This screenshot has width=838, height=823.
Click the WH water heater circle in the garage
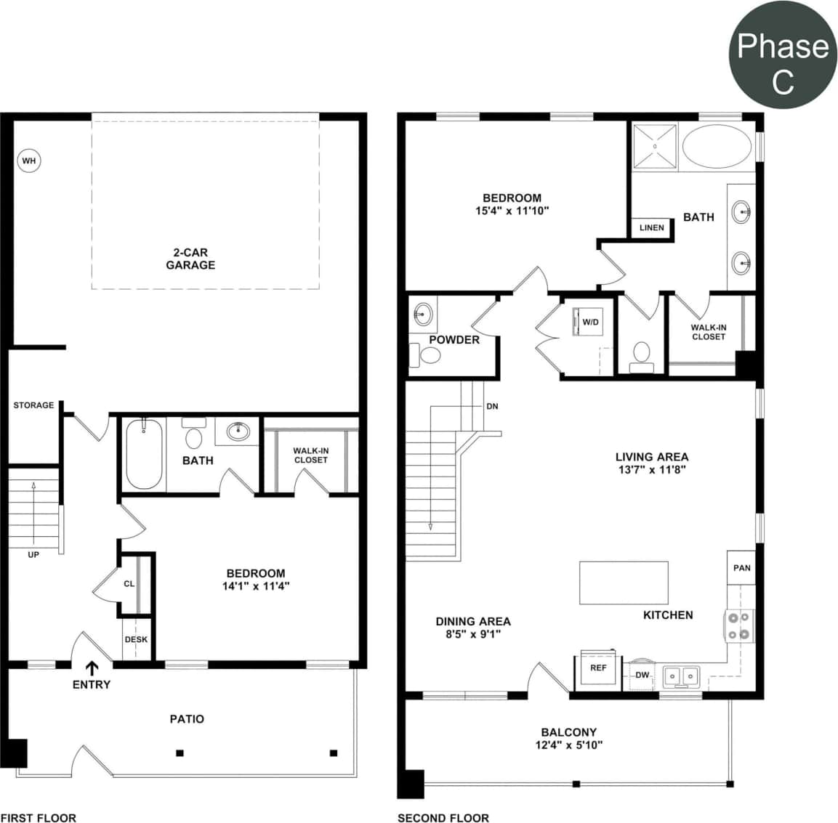tap(28, 161)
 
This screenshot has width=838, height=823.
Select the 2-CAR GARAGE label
tap(190, 259)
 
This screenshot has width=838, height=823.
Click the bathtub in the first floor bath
tap(144, 455)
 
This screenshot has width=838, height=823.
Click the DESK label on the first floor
tap(136, 639)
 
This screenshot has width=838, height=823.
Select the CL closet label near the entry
tap(129, 583)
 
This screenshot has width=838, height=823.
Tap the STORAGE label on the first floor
tap(33, 405)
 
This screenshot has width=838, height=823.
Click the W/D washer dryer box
tap(589, 322)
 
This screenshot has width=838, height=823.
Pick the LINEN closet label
tap(651, 227)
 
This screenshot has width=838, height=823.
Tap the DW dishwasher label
tap(642, 675)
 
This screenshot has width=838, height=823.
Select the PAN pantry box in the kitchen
tap(741, 567)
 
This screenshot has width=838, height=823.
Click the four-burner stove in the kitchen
tap(738, 625)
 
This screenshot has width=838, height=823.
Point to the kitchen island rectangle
tap(624, 583)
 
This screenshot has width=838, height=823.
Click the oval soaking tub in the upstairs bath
tap(717, 146)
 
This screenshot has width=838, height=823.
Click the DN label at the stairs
tap(492, 406)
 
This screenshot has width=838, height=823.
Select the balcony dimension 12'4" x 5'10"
tap(568, 745)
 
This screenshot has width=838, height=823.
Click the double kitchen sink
tap(682, 677)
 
